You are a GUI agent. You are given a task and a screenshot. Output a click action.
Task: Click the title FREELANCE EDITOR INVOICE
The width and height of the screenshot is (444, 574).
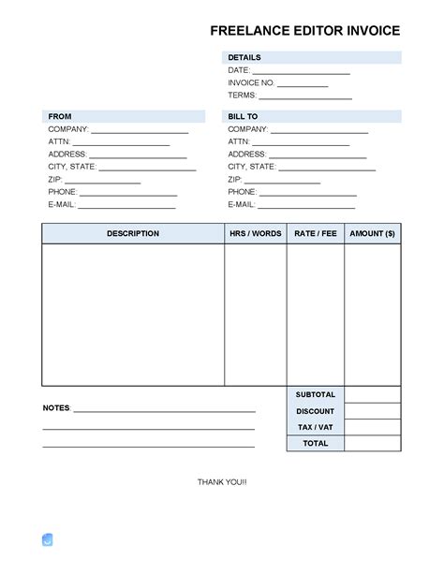[305, 31]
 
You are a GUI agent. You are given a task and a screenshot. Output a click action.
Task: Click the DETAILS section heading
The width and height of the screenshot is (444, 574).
[244, 58]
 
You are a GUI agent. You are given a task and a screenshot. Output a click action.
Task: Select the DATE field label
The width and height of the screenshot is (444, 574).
[238, 71]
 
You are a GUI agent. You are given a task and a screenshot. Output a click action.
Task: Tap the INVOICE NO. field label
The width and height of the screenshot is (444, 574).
[251, 83]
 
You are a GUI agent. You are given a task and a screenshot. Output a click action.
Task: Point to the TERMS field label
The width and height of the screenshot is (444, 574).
[242, 96]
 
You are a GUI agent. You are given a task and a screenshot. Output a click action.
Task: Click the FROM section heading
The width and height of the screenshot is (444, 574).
[59, 116]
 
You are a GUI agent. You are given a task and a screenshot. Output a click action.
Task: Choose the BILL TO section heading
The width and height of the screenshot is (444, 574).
[243, 116]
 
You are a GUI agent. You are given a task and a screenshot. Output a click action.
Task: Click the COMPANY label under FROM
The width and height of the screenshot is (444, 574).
[67, 129]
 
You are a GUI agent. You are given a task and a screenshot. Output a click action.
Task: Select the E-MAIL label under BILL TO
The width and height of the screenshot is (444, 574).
[241, 204]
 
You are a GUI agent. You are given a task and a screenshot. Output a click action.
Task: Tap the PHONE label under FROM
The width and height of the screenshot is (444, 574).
[62, 192]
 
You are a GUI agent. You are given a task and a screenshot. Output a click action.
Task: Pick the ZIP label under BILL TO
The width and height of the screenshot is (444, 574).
[234, 179]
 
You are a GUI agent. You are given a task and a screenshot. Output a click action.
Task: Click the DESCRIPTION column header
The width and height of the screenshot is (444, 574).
[133, 234]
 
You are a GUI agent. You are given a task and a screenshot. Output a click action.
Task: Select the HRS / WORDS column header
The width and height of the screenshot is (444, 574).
[255, 234]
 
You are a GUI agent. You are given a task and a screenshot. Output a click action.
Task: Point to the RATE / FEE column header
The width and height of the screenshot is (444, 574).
[316, 234]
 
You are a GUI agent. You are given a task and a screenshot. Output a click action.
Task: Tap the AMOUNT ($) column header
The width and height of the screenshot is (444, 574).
[372, 234]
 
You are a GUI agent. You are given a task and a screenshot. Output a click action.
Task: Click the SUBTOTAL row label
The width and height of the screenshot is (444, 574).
[315, 395]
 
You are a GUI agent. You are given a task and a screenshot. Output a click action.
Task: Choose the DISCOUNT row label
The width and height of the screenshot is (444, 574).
[315, 411]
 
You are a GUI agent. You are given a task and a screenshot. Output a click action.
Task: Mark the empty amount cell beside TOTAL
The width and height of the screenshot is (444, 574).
[372, 443]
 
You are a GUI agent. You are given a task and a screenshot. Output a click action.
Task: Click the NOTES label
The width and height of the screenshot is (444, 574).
[55, 409]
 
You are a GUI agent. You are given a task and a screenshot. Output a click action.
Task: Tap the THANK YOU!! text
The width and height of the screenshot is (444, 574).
[222, 481]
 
